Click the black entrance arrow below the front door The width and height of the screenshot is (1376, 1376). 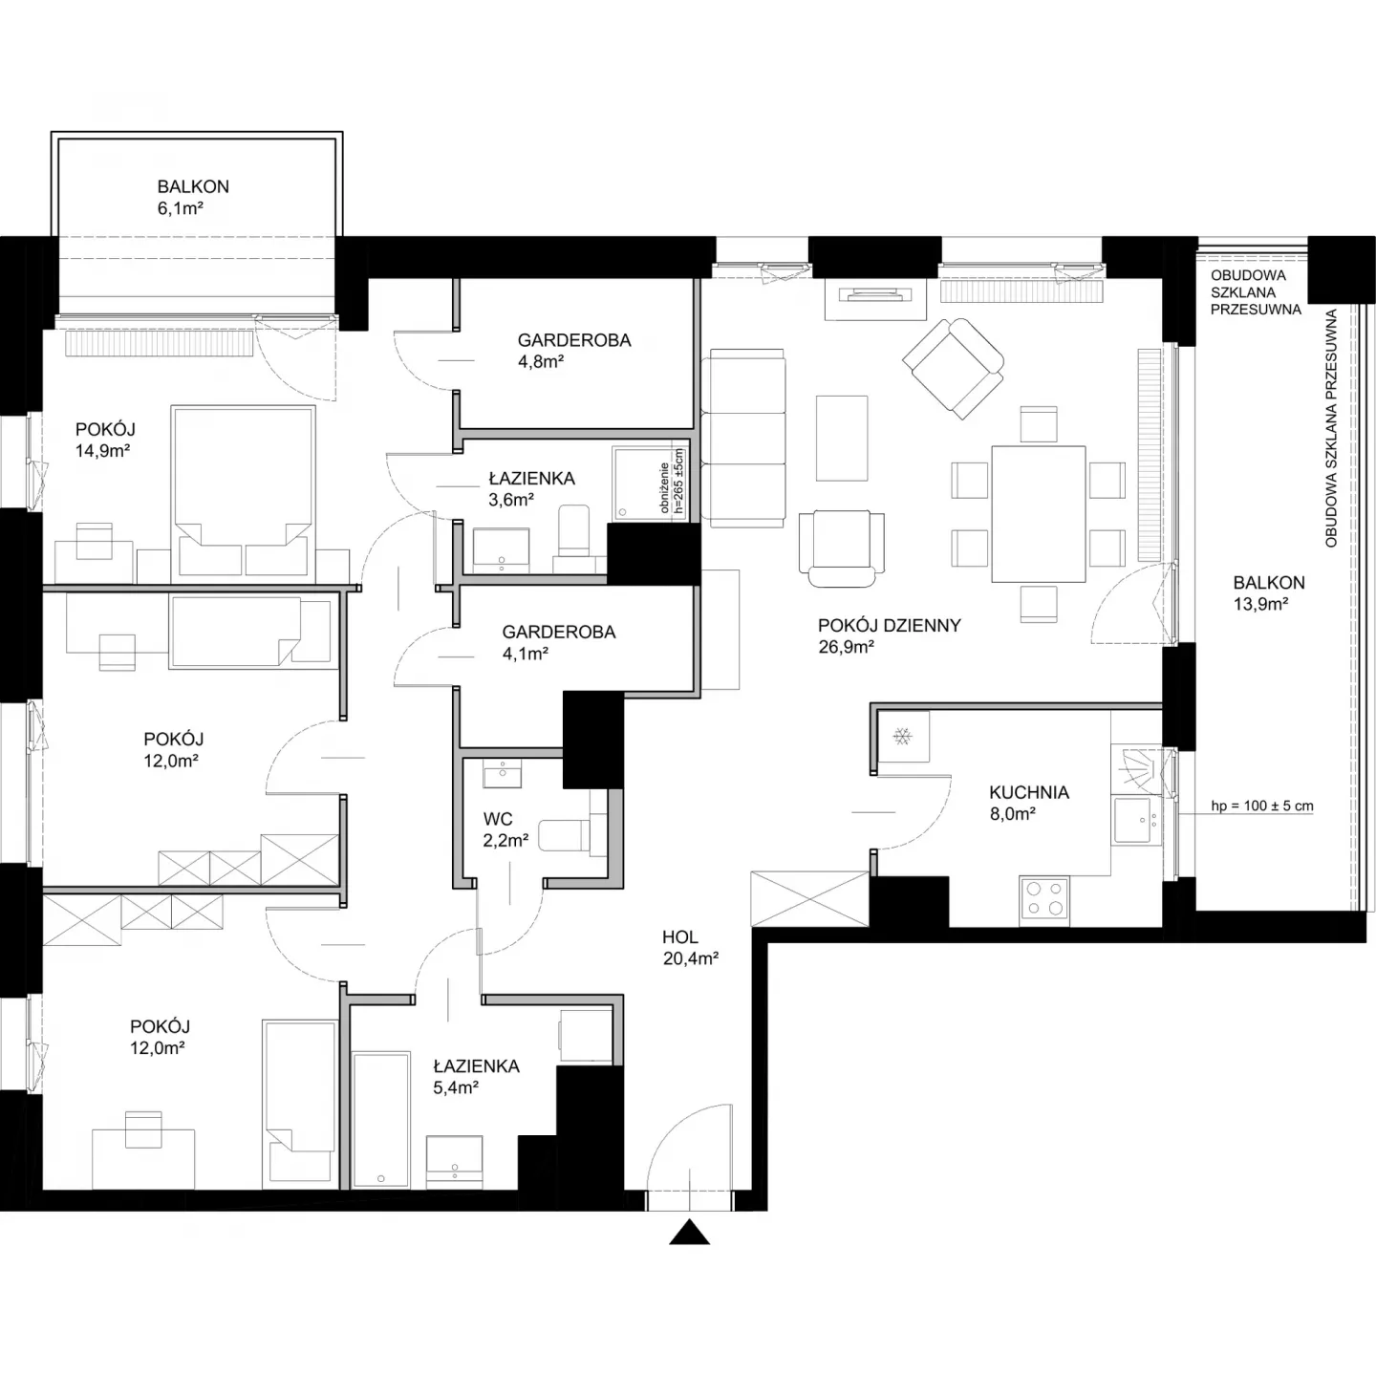tap(689, 1233)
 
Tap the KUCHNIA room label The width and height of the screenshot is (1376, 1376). tap(1029, 792)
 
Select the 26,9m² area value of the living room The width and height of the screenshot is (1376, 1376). tap(847, 647)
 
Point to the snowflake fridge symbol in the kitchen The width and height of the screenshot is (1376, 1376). tap(903, 736)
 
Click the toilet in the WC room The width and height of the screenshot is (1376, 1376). tap(572, 835)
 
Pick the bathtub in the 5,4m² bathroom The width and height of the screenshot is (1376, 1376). tap(381, 1119)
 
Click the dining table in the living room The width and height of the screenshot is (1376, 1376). tap(1039, 514)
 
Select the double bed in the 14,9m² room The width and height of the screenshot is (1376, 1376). tap(244, 491)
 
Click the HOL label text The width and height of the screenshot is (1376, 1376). tap(679, 936)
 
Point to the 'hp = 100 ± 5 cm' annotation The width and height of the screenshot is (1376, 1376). tap(1261, 806)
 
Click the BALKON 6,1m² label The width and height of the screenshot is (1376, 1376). tap(193, 197)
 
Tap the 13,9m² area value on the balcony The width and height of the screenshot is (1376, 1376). tap(1260, 604)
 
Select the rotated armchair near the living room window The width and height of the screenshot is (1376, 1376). tap(954, 368)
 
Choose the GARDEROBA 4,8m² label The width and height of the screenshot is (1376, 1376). tap(574, 351)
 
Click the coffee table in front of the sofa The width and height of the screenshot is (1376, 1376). tap(842, 438)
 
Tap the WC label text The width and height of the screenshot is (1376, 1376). tap(498, 819)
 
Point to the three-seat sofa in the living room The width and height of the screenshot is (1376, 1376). tap(743, 438)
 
